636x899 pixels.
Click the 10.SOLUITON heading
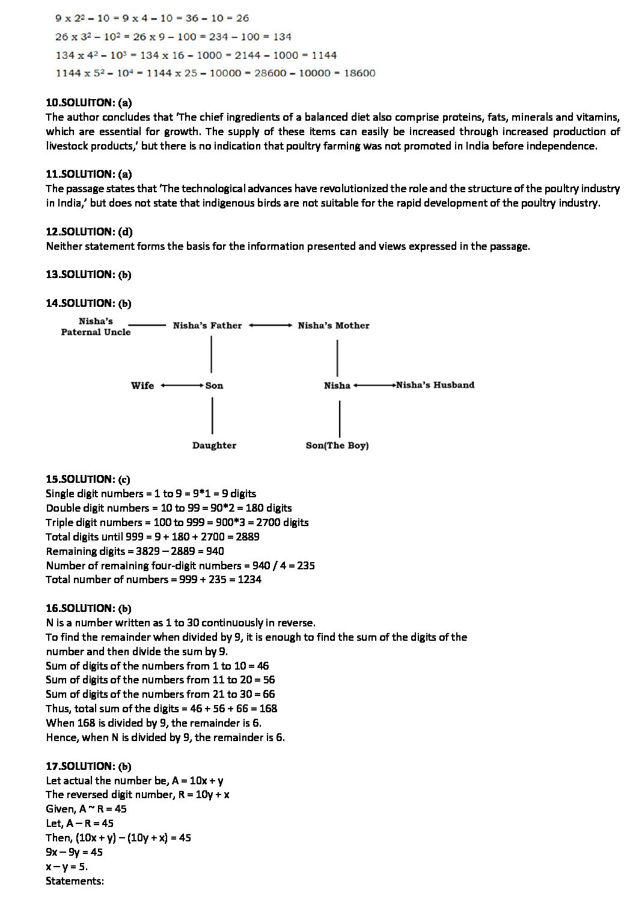pyautogui.click(x=88, y=103)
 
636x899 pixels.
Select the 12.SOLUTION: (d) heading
pyautogui.click(x=88, y=231)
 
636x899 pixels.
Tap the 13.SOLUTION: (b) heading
pyautogui.click(x=88, y=274)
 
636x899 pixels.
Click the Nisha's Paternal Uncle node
pyautogui.click(x=96, y=326)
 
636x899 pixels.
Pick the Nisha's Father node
pyautogui.click(x=207, y=325)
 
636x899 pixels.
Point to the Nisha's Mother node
pyautogui.click(x=334, y=325)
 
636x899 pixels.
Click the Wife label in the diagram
pyautogui.click(x=142, y=386)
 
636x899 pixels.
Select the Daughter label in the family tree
pyautogui.click(x=214, y=446)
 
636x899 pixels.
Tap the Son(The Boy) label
pyautogui.click(x=337, y=446)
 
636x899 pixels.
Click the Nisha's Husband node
pyautogui.click(x=435, y=385)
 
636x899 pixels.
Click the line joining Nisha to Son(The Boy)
pyautogui.click(x=340, y=419)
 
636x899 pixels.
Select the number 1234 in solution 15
pyautogui.click(x=249, y=580)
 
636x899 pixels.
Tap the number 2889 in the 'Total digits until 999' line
pyautogui.click(x=247, y=536)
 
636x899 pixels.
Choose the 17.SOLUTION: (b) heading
pyautogui.click(x=88, y=766)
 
